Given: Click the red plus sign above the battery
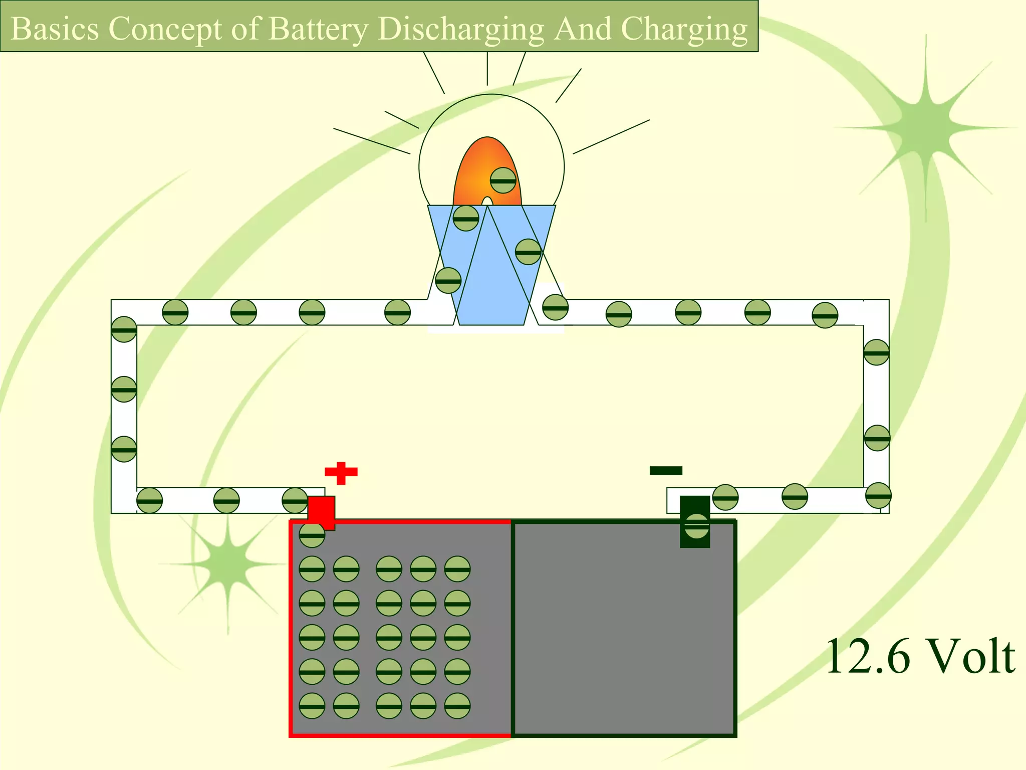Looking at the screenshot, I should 341,472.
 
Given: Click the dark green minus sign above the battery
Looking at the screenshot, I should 666,470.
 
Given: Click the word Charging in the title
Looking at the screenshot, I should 684,29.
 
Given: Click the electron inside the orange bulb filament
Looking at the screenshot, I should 503,180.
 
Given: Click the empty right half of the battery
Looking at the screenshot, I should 624,637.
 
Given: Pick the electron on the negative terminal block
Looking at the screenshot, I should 697,526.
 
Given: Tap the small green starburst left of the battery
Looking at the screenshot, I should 228,564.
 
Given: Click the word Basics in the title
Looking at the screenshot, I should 55,29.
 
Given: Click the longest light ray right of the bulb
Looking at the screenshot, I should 611,136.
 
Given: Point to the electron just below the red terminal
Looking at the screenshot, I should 312,535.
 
